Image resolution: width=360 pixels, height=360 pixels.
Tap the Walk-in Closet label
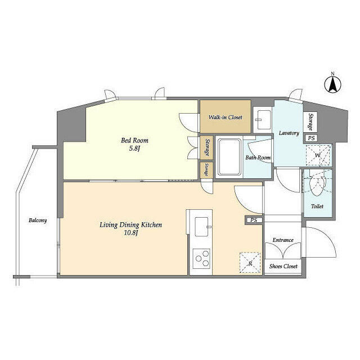pos(225,118)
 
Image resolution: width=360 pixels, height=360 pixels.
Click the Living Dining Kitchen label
pos(130,225)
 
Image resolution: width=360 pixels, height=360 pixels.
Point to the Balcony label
pos(38,220)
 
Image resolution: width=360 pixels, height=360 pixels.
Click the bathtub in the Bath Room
pos(229,156)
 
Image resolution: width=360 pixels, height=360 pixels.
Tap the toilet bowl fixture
pos(318,185)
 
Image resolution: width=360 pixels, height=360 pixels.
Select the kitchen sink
pos(201,227)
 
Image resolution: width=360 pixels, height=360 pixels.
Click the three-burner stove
pos(201,259)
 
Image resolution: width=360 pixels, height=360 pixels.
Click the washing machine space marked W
pos(317,154)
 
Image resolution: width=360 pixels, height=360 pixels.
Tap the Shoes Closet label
pos(283,266)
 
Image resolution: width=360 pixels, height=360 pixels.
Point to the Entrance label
pos(283,240)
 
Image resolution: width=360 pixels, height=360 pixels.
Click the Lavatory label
pos(289,133)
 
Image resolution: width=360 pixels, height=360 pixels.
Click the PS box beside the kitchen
pos(254,220)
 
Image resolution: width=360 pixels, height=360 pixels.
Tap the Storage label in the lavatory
pos(310,121)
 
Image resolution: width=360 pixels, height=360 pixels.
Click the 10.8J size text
pos(130,233)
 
